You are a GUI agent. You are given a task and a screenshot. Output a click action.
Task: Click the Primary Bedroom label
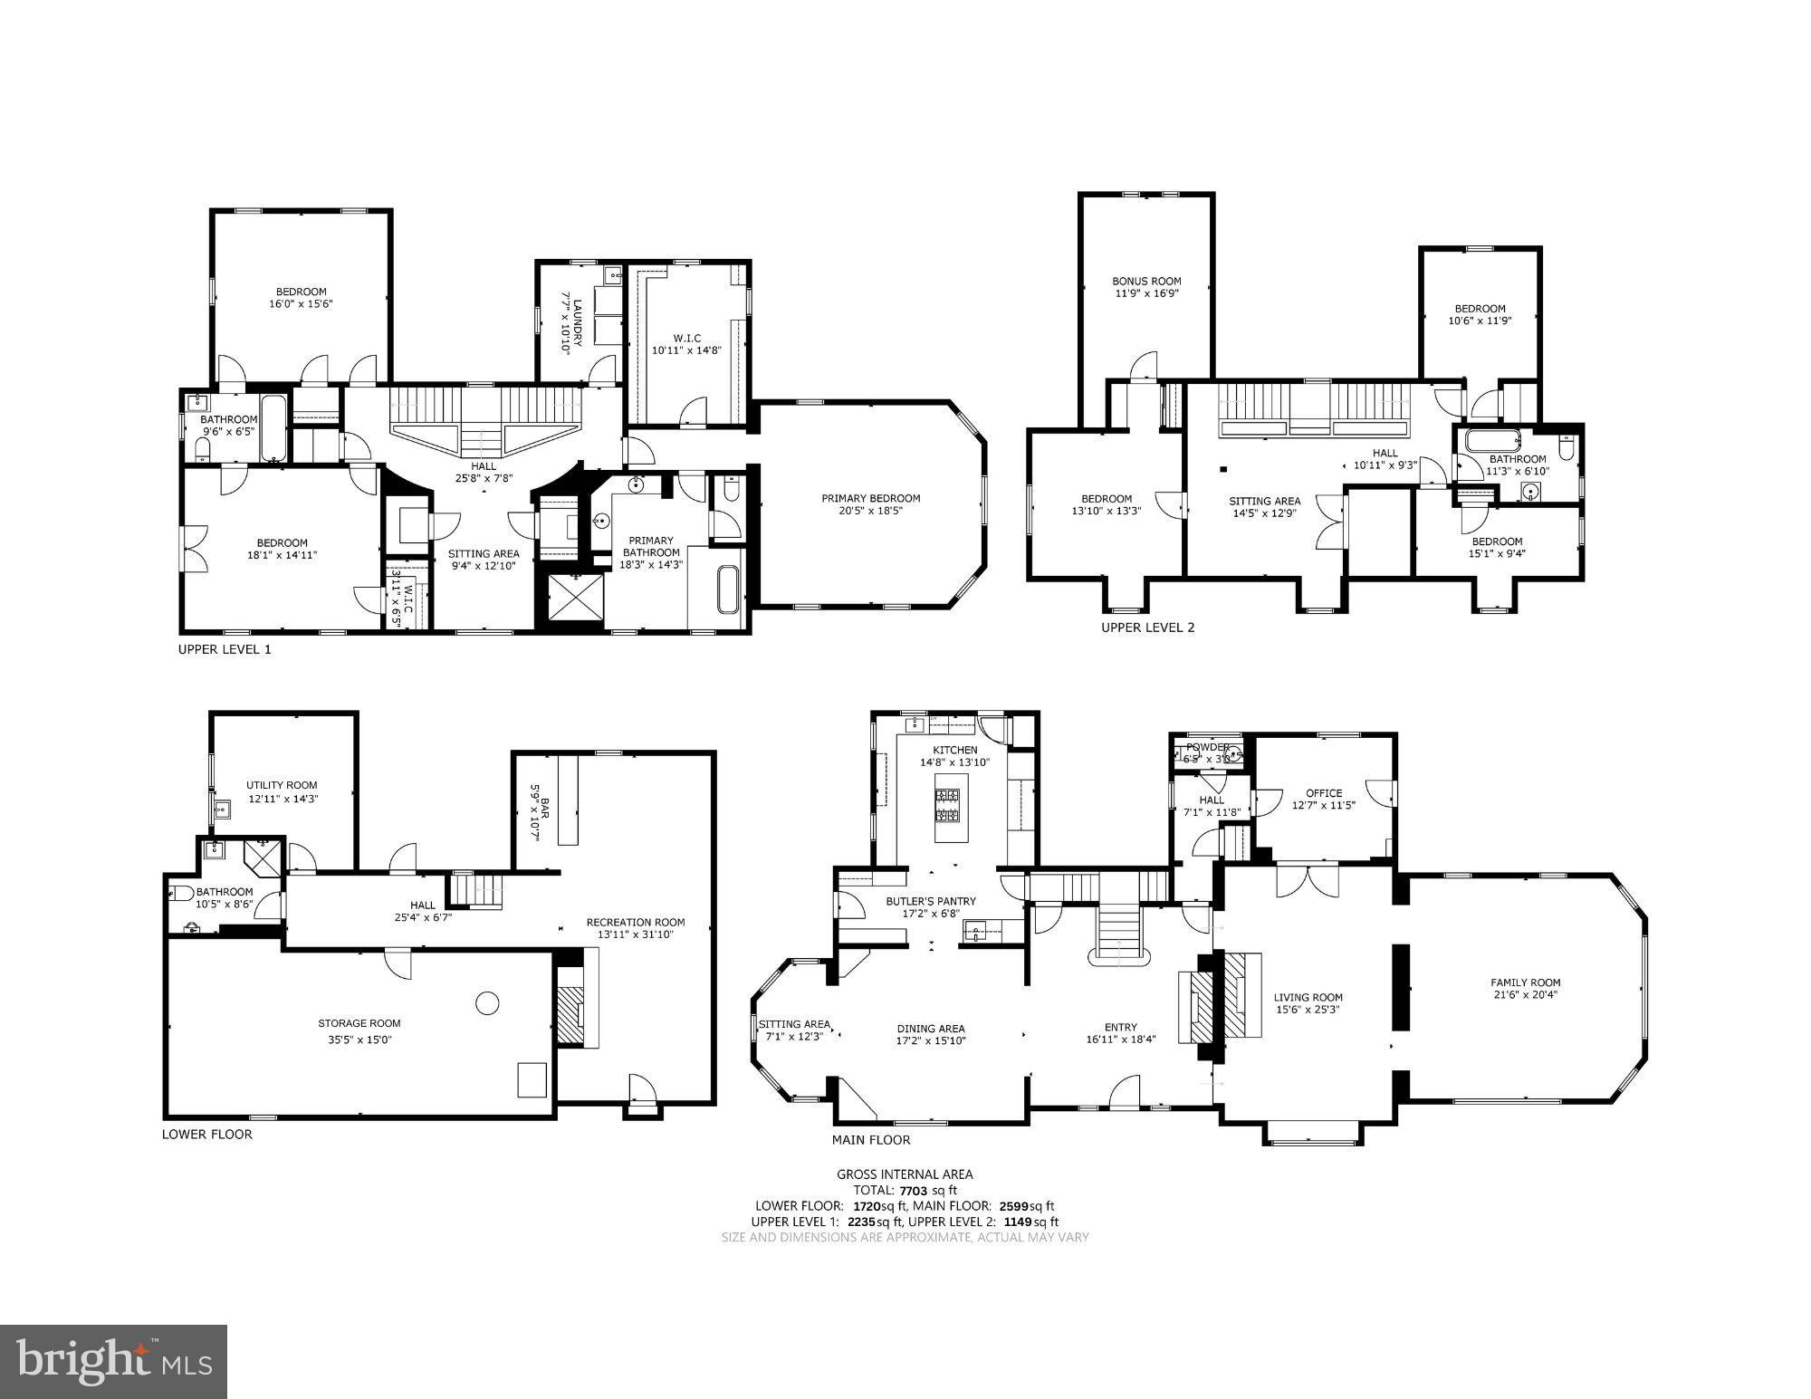pyautogui.click(x=870, y=498)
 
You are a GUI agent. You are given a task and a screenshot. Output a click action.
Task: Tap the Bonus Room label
pyautogui.click(x=1146, y=282)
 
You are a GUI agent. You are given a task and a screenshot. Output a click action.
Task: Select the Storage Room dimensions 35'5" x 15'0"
pyautogui.click(x=359, y=1040)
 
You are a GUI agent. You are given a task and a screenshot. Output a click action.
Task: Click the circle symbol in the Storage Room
pyautogui.click(x=487, y=1002)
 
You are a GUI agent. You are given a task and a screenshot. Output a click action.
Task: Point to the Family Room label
pyautogui.click(x=1526, y=982)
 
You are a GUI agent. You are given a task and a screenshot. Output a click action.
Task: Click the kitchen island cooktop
pyautogui.click(x=948, y=805)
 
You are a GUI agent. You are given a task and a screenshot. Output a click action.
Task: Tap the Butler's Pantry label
pyautogui.click(x=930, y=901)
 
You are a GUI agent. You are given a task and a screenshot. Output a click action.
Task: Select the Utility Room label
pyautogui.click(x=282, y=785)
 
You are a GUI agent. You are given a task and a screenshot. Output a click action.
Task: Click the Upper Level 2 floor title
pyautogui.click(x=1147, y=627)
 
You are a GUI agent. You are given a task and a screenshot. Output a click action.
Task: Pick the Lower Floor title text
pyautogui.click(x=207, y=1134)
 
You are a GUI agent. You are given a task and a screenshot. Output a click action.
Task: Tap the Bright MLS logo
pyautogui.click(x=113, y=1361)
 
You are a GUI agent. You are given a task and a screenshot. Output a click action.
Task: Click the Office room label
pyautogui.click(x=1324, y=793)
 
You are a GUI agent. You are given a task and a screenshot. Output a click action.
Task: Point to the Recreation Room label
pyautogui.click(x=635, y=922)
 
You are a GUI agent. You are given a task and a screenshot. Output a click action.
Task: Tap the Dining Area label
pyautogui.click(x=931, y=1028)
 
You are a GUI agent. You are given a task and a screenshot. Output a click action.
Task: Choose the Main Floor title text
pyautogui.click(x=871, y=1140)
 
